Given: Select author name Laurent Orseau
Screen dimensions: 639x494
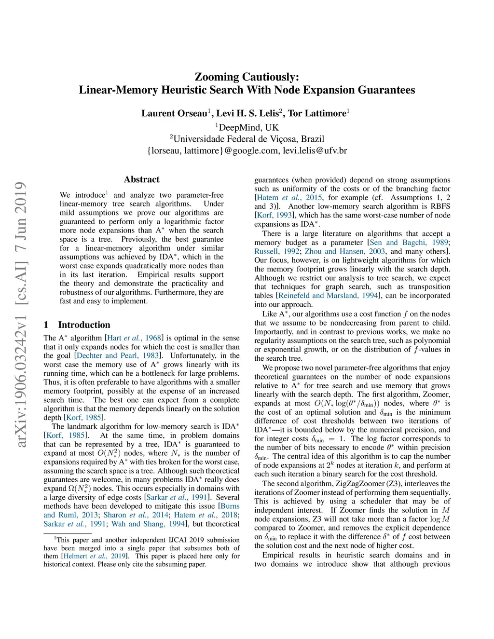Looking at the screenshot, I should point(174,113).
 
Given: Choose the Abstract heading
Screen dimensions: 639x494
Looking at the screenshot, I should point(141,179).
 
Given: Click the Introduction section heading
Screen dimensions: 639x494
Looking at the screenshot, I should point(84,325).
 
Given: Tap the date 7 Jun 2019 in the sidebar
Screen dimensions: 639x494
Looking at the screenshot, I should point(20,219).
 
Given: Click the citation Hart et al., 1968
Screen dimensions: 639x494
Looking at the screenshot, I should point(134,338).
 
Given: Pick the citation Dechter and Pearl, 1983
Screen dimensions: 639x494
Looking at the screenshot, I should point(118,355).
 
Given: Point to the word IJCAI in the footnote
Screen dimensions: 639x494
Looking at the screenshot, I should point(167,540).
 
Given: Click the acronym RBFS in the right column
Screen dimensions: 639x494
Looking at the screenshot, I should point(439,206).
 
